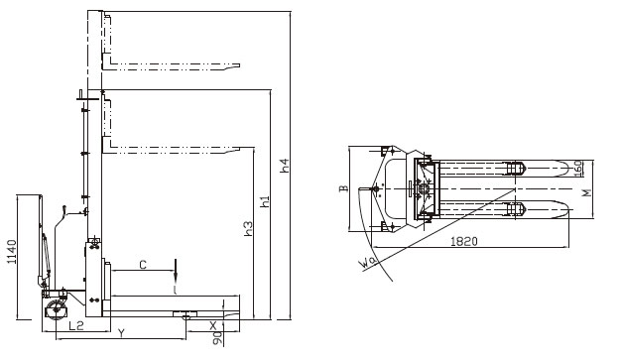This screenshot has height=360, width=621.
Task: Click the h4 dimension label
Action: point(285,166)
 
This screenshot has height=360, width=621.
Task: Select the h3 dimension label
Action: point(248,228)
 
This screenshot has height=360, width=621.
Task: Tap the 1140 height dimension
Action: point(12,252)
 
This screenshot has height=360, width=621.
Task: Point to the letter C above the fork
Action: point(143,264)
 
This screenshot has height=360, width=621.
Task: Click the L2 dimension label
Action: point(75,326)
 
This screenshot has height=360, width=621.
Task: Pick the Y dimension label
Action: point(122,333)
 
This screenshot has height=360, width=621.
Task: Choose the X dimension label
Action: point(213,325)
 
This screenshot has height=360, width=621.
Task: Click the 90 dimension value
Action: point(217,338)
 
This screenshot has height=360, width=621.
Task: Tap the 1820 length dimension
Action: point(464,241)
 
